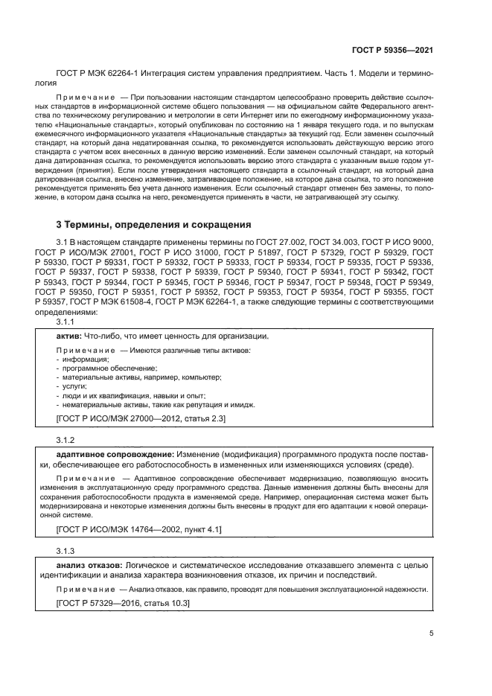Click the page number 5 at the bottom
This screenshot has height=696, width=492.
pyautogui.click(x=432, y=634)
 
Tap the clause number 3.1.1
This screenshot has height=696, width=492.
pyautogui.click(x=66, y=323)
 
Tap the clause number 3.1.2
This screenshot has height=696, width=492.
pyautogui.click(x=66, y=440)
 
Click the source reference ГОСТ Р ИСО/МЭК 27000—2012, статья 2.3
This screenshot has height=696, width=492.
pyautogui.click(x=131, y=419)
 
